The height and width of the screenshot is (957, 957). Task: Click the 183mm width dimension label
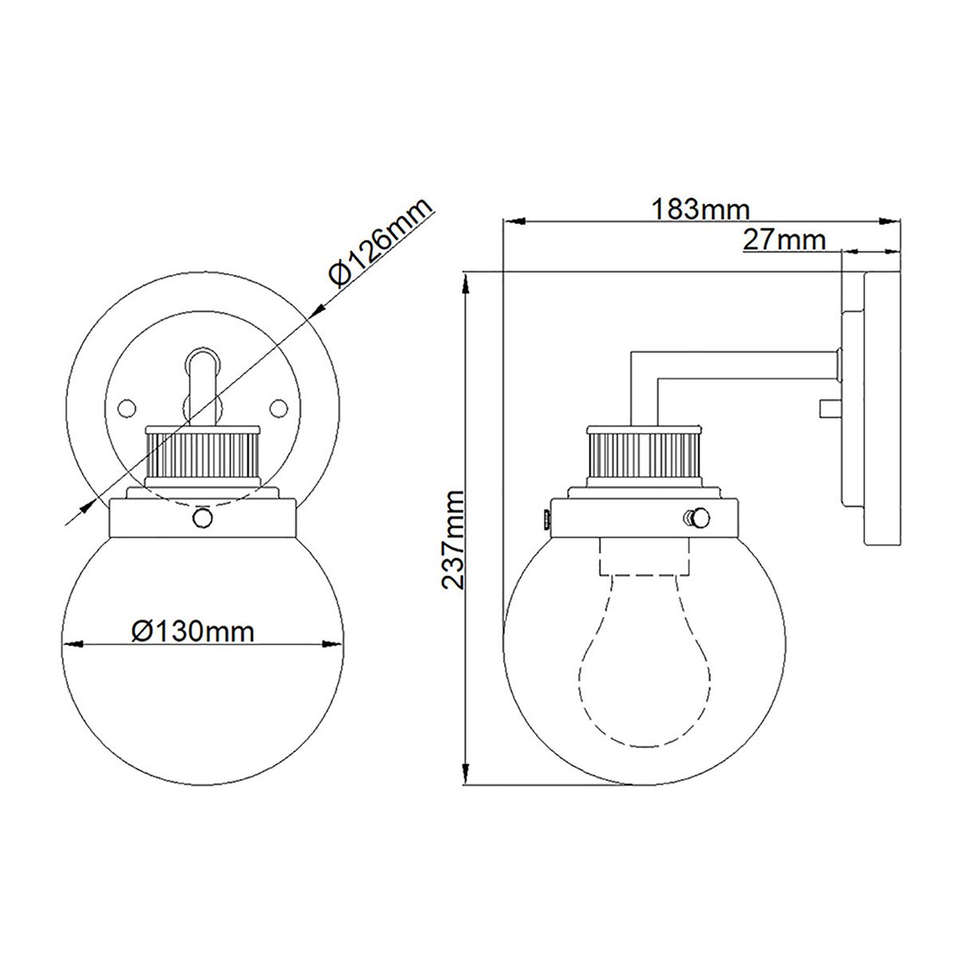click(x=701, y=209)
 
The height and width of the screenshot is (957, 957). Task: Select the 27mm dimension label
click(x=784, y=238)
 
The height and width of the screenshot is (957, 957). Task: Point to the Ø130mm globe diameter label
click(x=193, y=632)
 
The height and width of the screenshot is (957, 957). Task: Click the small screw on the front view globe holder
click(x=203, y=518)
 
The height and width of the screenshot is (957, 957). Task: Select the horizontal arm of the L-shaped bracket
click(x=734, y=364)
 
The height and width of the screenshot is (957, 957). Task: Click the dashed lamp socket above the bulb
click(x=644, y=555)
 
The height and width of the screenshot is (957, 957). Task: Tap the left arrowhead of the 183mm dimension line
click(x=510, y=220)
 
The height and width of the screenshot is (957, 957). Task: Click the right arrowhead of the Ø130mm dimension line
click(x=334, y=644)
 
